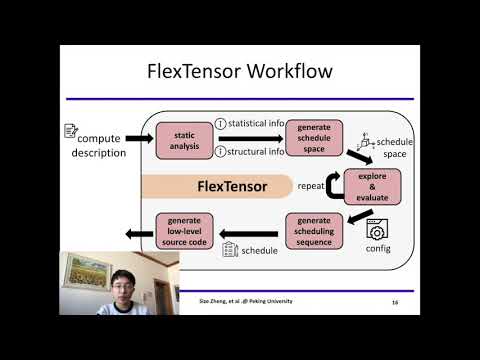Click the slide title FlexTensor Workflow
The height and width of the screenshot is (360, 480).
click(240, 72)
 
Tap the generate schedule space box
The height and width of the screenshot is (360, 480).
click(314, 138)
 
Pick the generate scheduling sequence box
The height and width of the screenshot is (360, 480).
click(314, 231)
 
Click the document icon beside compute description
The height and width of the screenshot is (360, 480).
click(70, 130)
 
